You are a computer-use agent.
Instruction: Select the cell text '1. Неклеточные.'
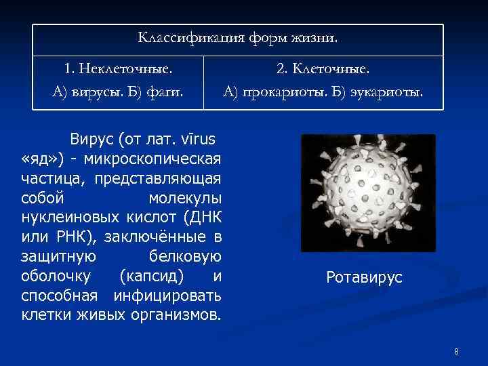click(118, 68)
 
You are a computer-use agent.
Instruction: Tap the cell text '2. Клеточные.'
click(323, 68)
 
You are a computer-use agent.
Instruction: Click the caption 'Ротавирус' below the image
click(364, 277)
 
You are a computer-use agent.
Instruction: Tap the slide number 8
click(456, 352)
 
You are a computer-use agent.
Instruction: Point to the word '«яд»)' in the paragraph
click(42, 159)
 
